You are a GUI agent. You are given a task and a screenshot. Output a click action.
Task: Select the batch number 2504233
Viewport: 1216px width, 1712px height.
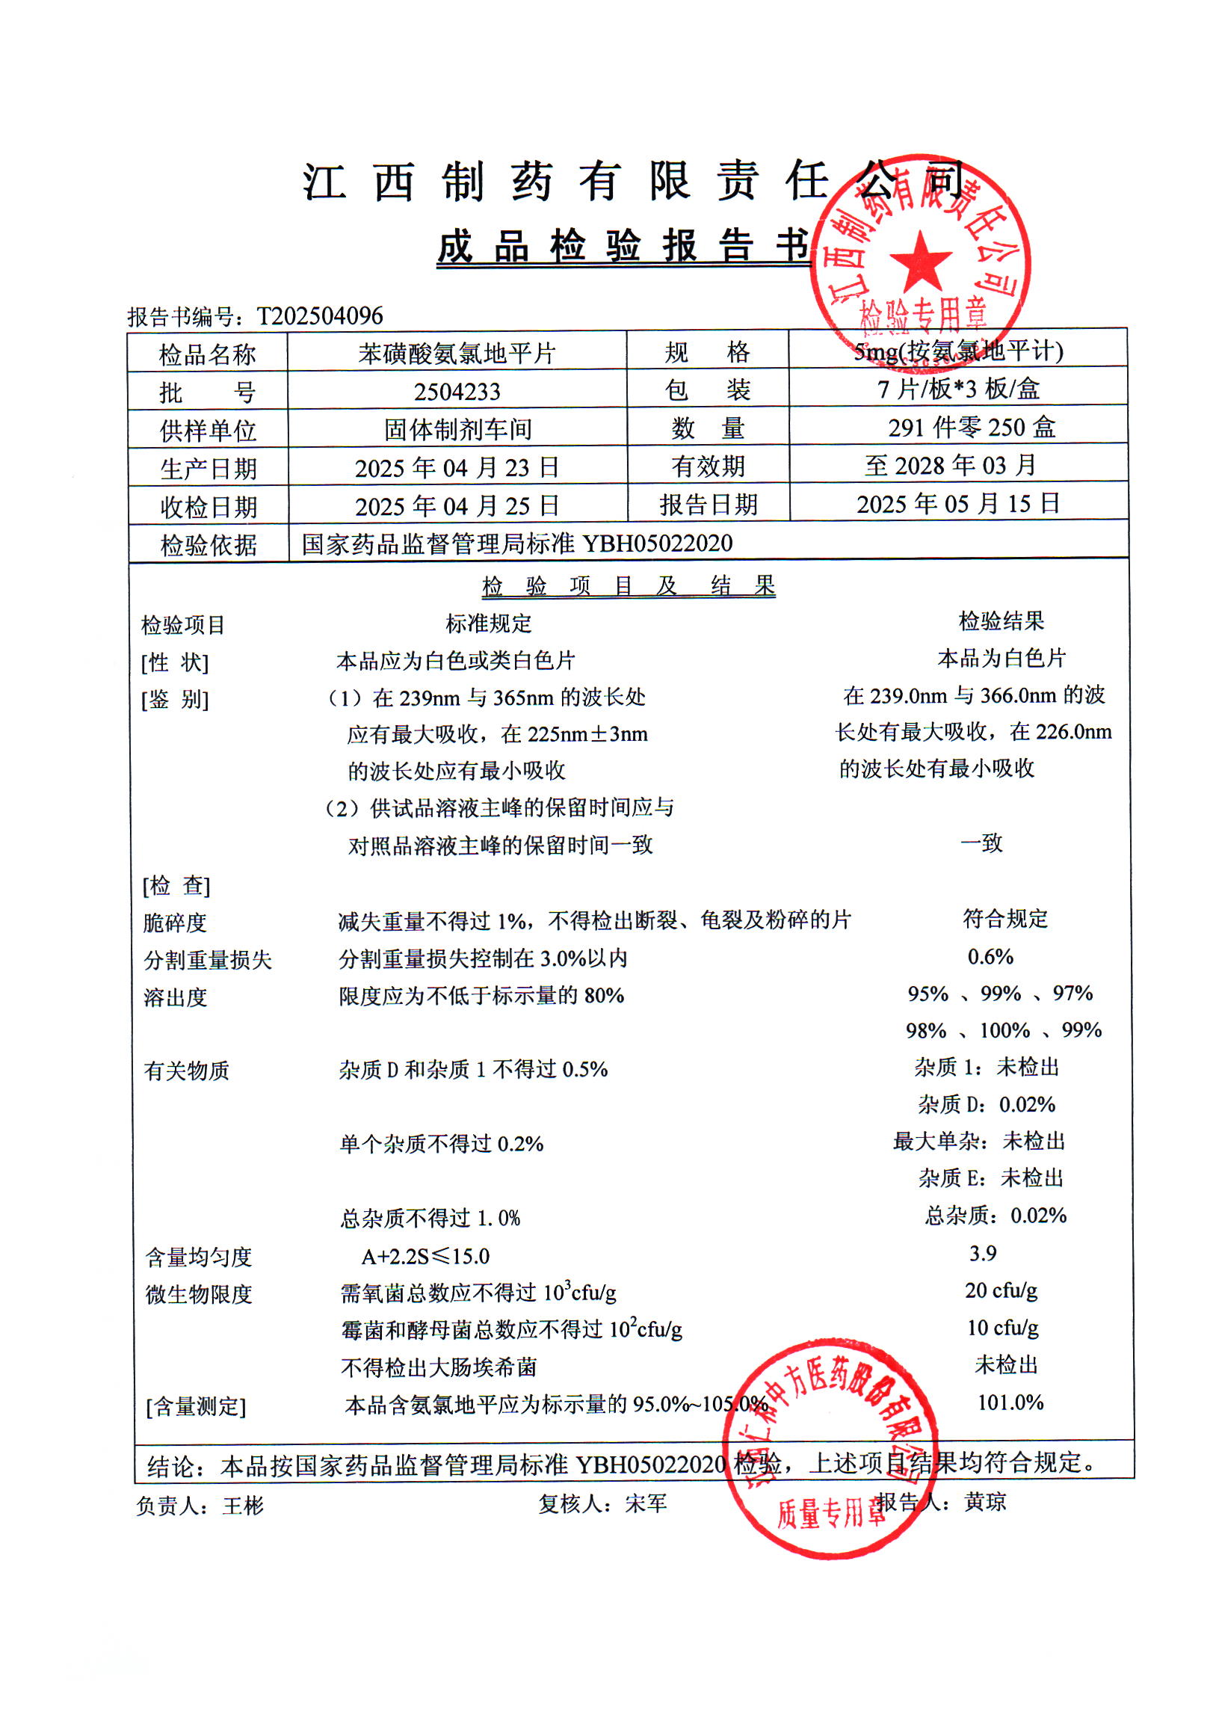(457, 392)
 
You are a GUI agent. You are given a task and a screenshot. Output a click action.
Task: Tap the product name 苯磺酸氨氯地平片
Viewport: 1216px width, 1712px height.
(457, 354)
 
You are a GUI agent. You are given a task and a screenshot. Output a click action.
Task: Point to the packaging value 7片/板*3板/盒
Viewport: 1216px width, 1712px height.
(958, 389)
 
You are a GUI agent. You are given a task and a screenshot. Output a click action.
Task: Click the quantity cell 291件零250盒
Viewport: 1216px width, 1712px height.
(971, 428)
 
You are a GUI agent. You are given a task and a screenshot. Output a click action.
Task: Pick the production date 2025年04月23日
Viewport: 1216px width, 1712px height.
(457, 468)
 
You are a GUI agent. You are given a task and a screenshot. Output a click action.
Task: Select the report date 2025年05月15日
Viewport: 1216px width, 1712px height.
(958, 504)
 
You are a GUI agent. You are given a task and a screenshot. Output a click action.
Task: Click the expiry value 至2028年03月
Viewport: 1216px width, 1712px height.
(951, 466)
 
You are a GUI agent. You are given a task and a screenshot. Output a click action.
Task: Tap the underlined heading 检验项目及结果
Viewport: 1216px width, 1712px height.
(629, 585)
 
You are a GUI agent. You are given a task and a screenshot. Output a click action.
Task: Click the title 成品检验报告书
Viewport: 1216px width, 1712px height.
(624, 247)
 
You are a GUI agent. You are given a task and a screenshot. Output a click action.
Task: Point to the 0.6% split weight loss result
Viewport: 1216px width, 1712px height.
(990, 956)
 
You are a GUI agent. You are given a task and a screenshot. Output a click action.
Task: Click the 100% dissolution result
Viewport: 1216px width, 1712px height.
(1004, 1030)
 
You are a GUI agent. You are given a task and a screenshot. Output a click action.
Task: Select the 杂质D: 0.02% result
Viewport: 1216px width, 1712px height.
(986, 1105)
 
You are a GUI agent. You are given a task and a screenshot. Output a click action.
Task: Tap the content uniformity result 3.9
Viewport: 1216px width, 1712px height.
(982, 1253)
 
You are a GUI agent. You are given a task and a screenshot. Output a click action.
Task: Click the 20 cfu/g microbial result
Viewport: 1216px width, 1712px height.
(1000, 1290)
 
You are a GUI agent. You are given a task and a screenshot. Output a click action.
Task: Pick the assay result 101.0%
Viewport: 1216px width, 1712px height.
(1010, 1402)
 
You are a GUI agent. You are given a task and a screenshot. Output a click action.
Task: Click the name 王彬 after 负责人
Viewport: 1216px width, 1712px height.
(243, 1506)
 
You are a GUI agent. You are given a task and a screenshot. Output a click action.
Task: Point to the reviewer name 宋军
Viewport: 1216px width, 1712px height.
(646, 1503)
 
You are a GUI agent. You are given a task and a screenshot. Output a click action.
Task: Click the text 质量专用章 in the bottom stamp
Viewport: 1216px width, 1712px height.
(830, 1512)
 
